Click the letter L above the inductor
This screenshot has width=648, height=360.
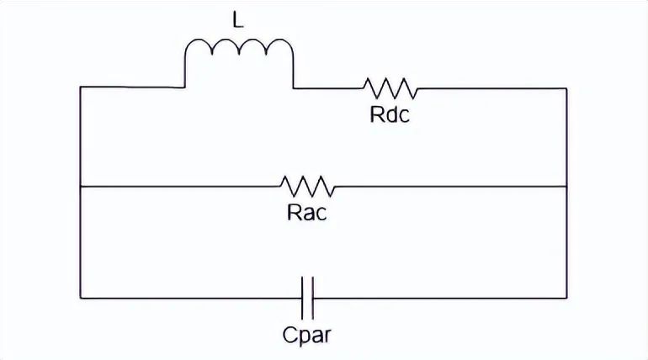click(238, 20)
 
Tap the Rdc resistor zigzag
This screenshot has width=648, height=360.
click(390, 87)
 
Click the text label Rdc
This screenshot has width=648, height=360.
click(390, 115)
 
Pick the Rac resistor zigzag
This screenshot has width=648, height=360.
click(308, 185)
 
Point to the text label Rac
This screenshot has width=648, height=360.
click(306, 213)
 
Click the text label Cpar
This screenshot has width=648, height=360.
click(307, 336)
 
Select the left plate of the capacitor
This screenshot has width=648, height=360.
click(303, 298)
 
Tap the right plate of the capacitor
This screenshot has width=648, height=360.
click(311, 298)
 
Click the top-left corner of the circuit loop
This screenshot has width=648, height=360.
click(80, 87)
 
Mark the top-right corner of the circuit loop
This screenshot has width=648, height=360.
click(566, 87)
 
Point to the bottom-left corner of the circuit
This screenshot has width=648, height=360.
click(80, 298)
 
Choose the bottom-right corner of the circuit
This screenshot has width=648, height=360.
click(566, 298)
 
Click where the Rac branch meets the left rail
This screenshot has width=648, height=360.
click(80, 186)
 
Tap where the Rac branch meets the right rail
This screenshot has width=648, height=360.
click(566, 186)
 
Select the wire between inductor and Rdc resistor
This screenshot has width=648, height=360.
click(328, 87)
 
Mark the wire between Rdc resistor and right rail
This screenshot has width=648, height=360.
click(492, 87)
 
